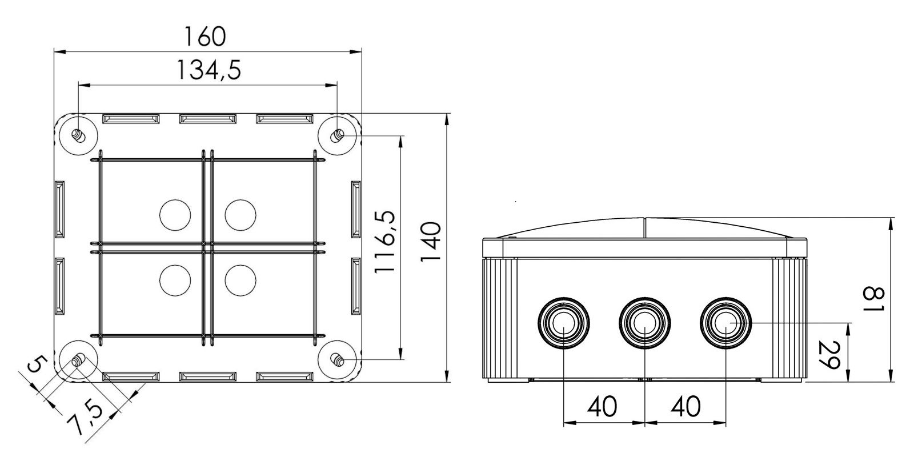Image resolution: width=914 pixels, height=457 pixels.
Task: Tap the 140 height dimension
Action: [430, 242]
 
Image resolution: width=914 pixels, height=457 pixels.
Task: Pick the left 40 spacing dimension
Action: [602, 407]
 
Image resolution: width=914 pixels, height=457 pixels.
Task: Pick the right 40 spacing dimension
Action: [685, 407]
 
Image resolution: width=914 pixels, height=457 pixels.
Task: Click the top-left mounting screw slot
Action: [78, 136]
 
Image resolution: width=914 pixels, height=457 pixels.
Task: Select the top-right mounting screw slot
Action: [337, 135]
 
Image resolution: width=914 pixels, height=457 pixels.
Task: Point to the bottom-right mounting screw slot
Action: [337, 360]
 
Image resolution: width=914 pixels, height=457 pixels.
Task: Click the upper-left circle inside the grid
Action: [175, 215]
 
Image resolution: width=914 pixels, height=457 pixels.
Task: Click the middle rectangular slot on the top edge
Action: [207, 119]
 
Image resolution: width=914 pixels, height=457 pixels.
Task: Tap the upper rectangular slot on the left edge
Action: [59, 209]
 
